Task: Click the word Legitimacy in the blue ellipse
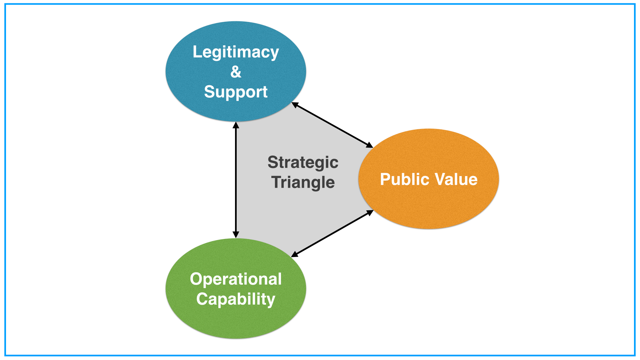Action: pyautogui.click(x=236, y=52)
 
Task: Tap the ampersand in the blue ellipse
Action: pyautogui.click(x=236, y=72)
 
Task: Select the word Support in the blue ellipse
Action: pyautogui.click(x=236, y=92)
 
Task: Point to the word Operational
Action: pyautogui.click(x=236, y=279)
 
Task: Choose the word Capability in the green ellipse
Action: pyautogui.click(x=236, y=299)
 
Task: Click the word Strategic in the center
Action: pyautogui.click(x=303, y=163)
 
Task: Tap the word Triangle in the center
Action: pyautogui.click(x=303, y=182)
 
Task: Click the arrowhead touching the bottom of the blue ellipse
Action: pyautogui.click(x=236, y=125)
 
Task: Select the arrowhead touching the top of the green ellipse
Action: pyautogui.click(x=236, y=234)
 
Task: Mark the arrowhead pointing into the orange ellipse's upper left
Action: pyautogui.click(x=369, y=145)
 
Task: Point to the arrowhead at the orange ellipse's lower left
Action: pyautogui.click(x=369, y=213)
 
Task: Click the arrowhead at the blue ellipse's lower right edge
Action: pyautogui.click(x=295, y=105)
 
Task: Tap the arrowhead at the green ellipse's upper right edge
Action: pyautogui.click(x=295, y=254)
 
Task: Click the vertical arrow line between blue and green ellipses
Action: pyautogui.click(x=236, y=180)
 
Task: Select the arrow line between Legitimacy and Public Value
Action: pyautogui.click(x=332, y=125)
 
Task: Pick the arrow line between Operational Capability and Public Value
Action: pyautogui.click(x=332, y=233)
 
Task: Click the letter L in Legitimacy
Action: pyautogui.click(x=197, y=52)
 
